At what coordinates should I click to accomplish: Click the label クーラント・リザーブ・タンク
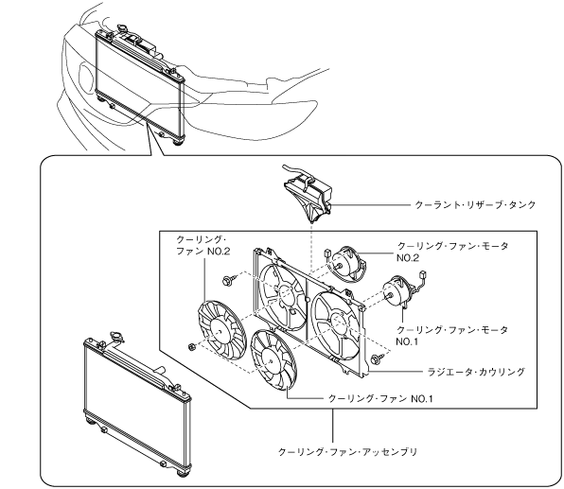click(x=475, y=205)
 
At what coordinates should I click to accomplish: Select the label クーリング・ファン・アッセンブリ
click(x=348, y=451)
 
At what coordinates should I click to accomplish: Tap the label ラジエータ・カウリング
click(x=476, y=372)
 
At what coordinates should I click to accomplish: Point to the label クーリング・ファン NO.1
click(x=380, y=398)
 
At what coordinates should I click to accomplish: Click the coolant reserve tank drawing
click(x=308, y=196)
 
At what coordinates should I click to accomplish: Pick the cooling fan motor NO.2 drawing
click(x=347, y=264)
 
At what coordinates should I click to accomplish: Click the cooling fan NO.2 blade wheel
click(x=220, y=330)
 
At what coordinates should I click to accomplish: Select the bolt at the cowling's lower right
click(x=377, y=358)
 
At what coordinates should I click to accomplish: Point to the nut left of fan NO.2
click(x=192, y=347)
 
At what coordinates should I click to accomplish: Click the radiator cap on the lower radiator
click(x=117, y=337)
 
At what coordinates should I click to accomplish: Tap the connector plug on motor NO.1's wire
click(x=423, y=274)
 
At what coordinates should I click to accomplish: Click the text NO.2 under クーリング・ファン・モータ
click(x=408, y=258)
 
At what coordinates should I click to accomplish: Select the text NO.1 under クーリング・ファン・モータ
click(x=407, y=341)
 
